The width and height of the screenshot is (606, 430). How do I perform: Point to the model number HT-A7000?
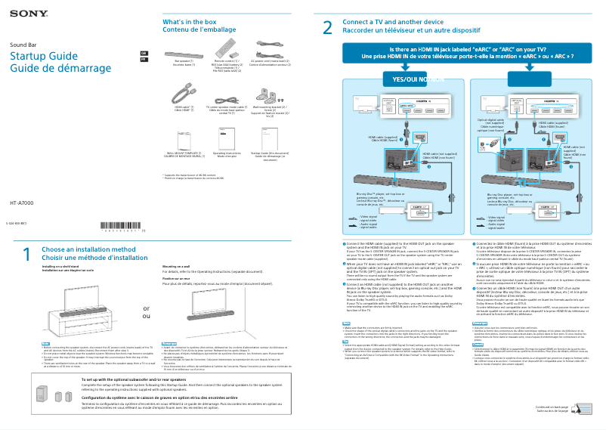coord(23,204)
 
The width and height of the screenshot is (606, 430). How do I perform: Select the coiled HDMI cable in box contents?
coord(182,94)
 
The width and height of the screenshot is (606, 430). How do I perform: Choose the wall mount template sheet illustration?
coord(182,137)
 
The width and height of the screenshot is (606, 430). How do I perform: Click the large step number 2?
coord(327,28)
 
